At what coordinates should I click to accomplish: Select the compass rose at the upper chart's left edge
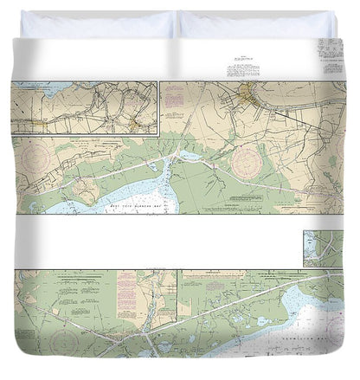click(38, 159)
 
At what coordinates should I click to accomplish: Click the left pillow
click(97, 23)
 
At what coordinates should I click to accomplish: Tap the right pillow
click(253, 23)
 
